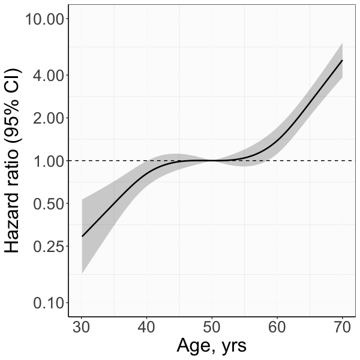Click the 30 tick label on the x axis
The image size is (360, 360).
(x=82, y=327)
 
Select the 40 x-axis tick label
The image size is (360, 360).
(x=147, y=327)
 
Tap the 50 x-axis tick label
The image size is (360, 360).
(x=212, y=327)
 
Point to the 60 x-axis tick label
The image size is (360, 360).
(x=277, y=327)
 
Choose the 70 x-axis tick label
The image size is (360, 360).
(x=341, y=327)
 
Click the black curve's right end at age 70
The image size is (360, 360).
(x=342, y=60)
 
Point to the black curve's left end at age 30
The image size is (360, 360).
(x=82, y=236)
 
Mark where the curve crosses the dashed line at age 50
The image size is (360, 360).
(x=212, y=161)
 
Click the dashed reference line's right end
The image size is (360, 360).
(x=353, y=161)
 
